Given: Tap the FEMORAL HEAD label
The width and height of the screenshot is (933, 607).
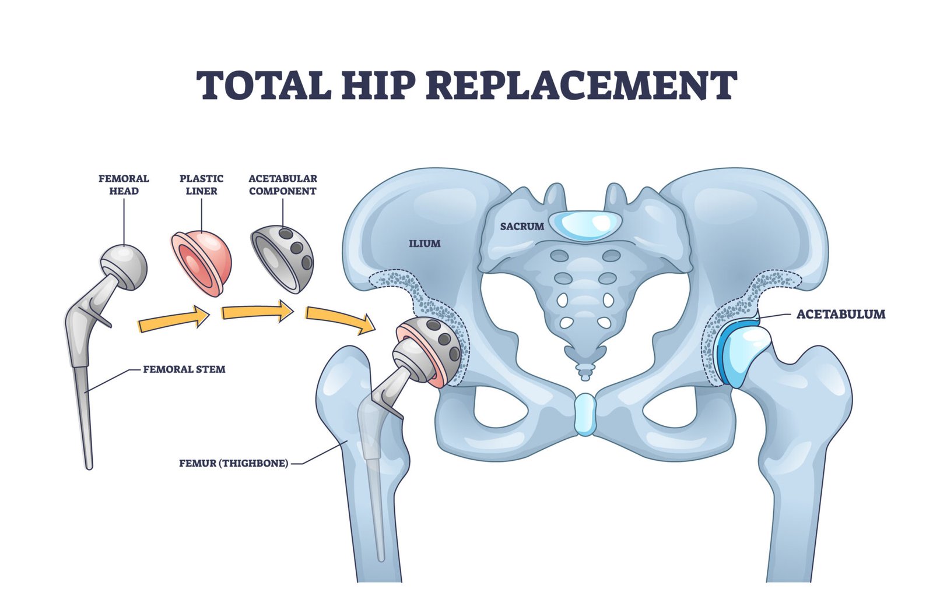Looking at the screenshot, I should point(124,184).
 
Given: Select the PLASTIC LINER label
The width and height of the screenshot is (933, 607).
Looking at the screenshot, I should point(201,184).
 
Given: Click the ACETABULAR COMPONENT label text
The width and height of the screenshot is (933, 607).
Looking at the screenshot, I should point(283,184).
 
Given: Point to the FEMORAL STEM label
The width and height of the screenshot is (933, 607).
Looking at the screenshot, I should point(184,369).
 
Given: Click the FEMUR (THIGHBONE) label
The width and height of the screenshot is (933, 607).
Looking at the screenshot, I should point(233,463).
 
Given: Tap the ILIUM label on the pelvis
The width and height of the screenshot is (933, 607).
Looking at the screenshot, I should point(425,243).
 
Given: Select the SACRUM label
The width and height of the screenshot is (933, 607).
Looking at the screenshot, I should point(522,226).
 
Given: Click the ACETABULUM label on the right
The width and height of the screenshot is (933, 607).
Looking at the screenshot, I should point(840,314).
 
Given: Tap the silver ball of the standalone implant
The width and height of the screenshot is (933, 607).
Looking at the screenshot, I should point(124,265).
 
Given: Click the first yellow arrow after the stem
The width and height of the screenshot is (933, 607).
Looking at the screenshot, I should point(174,320).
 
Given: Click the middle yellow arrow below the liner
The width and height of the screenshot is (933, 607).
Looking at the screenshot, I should point(257,312).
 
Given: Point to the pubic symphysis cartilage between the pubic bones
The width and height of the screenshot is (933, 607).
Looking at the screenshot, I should point(584,414).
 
